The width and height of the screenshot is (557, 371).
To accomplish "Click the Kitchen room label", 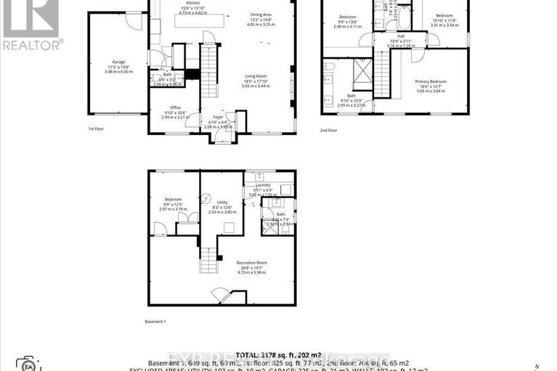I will (x=192, y=3).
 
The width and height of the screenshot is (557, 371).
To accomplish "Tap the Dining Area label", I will (x=261, y=15).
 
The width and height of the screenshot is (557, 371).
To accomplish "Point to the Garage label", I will (x=118, y=62).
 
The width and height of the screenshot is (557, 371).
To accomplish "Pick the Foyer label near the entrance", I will (x=218, y=116).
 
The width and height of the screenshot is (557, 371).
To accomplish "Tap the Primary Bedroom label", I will (x=431, y=81).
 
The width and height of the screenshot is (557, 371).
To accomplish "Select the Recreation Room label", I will (x=252, y=262).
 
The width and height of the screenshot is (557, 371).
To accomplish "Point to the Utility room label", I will (x=222, y=202).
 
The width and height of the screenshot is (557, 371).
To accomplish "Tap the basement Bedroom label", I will (x=173, y=199).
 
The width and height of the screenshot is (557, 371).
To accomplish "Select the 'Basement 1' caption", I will (x=156, y=321).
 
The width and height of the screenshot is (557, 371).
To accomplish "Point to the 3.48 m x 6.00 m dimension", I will (x=118, y=71).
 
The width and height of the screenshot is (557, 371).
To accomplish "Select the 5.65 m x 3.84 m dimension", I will (x=431, y=91).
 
